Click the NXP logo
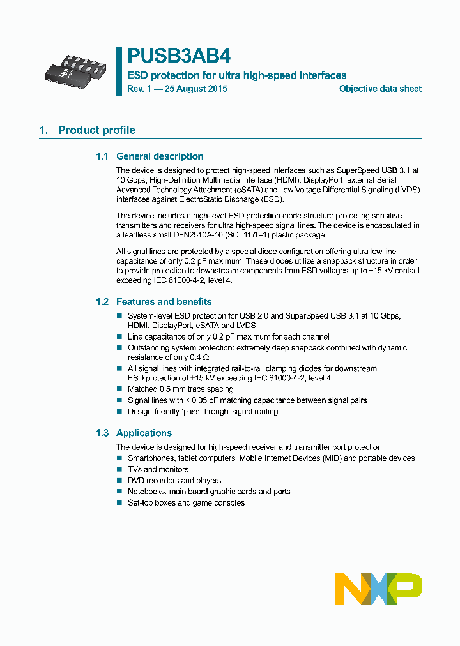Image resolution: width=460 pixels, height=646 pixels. click(378, 588)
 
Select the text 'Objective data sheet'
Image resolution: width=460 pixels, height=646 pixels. click(380, 89)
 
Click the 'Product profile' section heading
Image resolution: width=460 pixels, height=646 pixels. click(96, 130)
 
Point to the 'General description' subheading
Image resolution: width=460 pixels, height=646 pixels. click(160, 156)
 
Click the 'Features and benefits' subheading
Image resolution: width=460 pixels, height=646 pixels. click(164, 302)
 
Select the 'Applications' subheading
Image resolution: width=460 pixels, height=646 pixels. click(144, 433)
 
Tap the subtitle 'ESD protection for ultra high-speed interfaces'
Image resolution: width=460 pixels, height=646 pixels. click(236, 75)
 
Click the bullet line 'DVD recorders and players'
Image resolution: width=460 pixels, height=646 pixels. click(174, 481)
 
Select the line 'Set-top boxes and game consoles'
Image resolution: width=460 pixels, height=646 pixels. click(186, 503)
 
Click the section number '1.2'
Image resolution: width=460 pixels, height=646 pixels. click(103, 302)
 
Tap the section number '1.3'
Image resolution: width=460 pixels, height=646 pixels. click(103, 433)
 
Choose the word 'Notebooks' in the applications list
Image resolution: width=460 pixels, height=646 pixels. click(146, 492)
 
